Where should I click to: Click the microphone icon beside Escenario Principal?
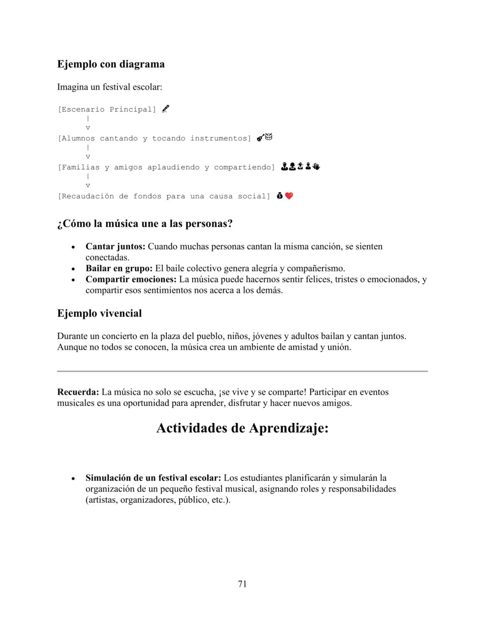(x=166, y=109)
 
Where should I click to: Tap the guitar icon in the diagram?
(x=260, y=138)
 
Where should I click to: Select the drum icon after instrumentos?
(x=268, y=137)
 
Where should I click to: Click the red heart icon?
(x=289, y=196)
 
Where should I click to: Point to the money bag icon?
(x=280, y=196)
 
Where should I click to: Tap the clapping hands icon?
(x=316, y=166)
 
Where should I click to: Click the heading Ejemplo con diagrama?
(x=111, y=64)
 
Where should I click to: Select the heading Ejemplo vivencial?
(x=99, y=313)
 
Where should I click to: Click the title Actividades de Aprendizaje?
(x=242, y=428)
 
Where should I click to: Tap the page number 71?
(x=242, y=584)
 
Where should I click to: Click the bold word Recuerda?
(x=78, y=392)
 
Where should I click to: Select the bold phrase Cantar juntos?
(x=115, y=246)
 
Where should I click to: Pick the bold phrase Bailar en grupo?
(x=119, y=268)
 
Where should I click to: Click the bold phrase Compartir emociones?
(x=131, y=279)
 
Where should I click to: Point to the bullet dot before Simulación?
(x=73, y=478)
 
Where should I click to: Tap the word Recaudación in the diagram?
(x=88, y=196)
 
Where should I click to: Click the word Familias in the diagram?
(x=81, y=167)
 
